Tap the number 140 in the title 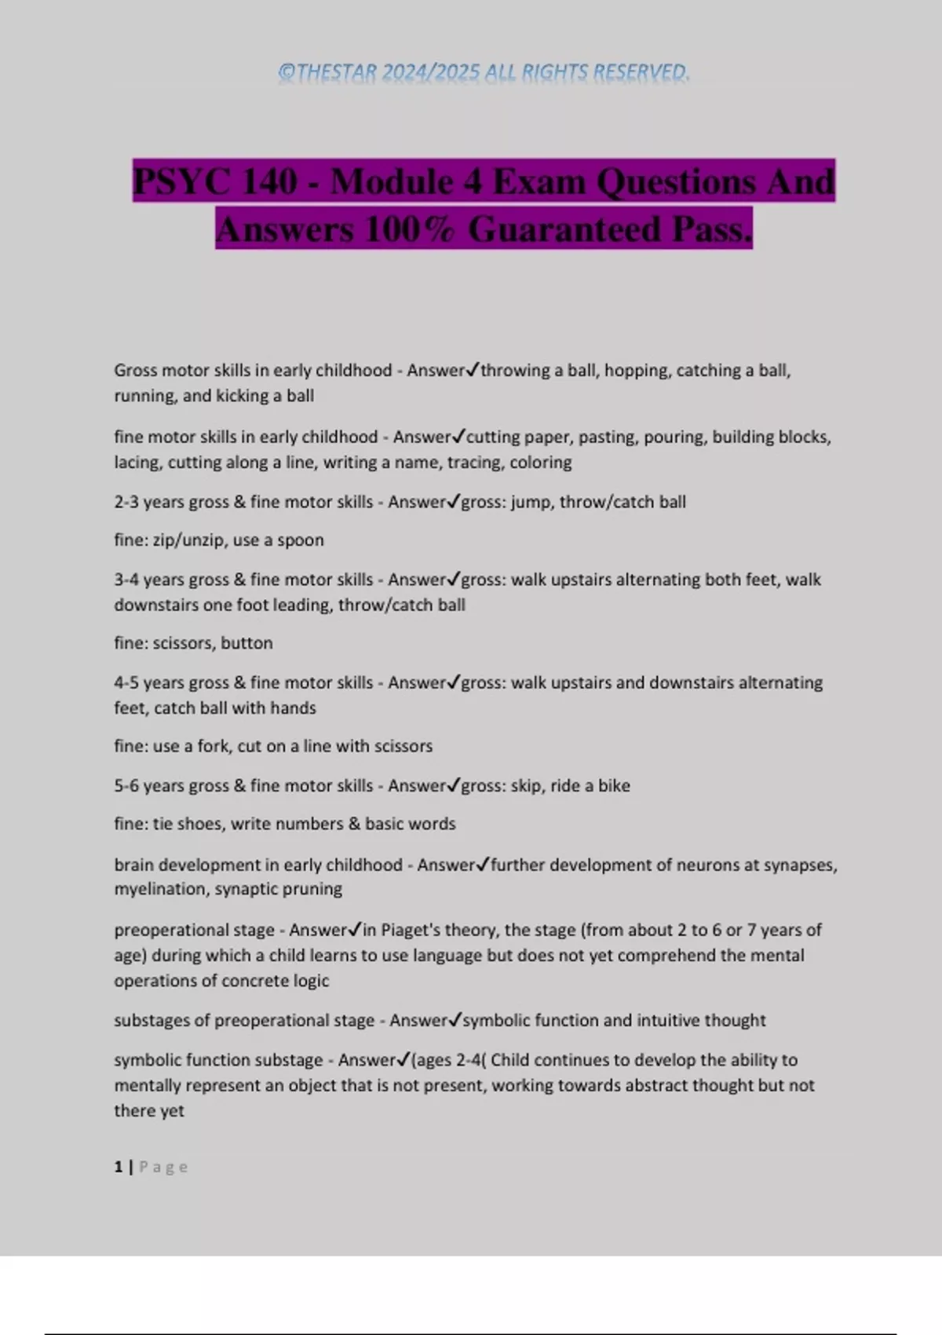[269, 182]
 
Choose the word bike [614, 786]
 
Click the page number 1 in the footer [119, 1167]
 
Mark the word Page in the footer [163, 1167]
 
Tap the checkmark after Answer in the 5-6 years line [453, 785]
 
